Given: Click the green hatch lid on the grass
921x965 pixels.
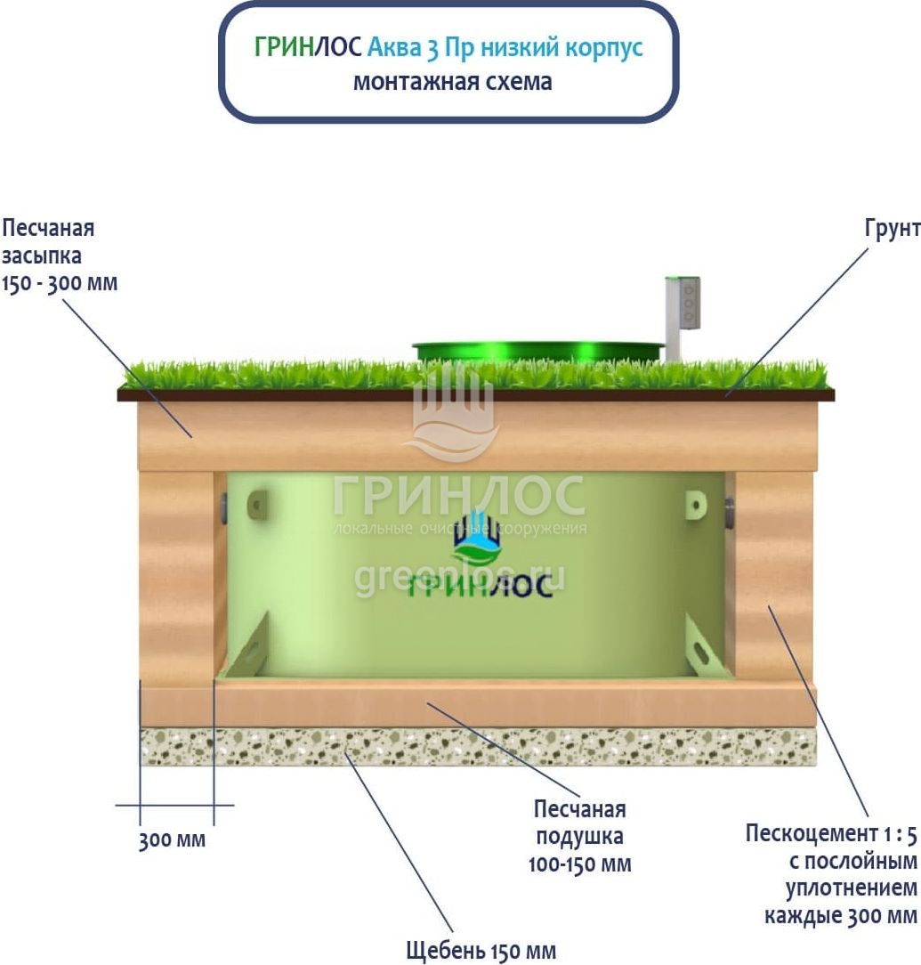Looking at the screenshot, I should [537, 350].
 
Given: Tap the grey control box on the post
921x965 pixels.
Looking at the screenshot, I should [687, 304].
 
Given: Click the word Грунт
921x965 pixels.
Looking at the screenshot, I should [892, 228].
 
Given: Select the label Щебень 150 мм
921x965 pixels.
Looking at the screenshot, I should [481, 951].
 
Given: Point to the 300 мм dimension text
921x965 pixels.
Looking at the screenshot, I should [172, 839].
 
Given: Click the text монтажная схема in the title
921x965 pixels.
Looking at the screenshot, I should [452, 81].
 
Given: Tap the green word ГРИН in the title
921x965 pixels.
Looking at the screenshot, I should [284, 47].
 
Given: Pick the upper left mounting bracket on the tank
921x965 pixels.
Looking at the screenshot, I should [258, 505].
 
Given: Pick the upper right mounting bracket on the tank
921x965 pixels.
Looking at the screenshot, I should [695, 505].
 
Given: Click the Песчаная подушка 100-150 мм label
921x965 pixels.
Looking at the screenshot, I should [579, 837].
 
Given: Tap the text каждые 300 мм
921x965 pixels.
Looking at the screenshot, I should [840, 915].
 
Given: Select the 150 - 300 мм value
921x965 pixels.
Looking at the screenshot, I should [60, 284].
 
